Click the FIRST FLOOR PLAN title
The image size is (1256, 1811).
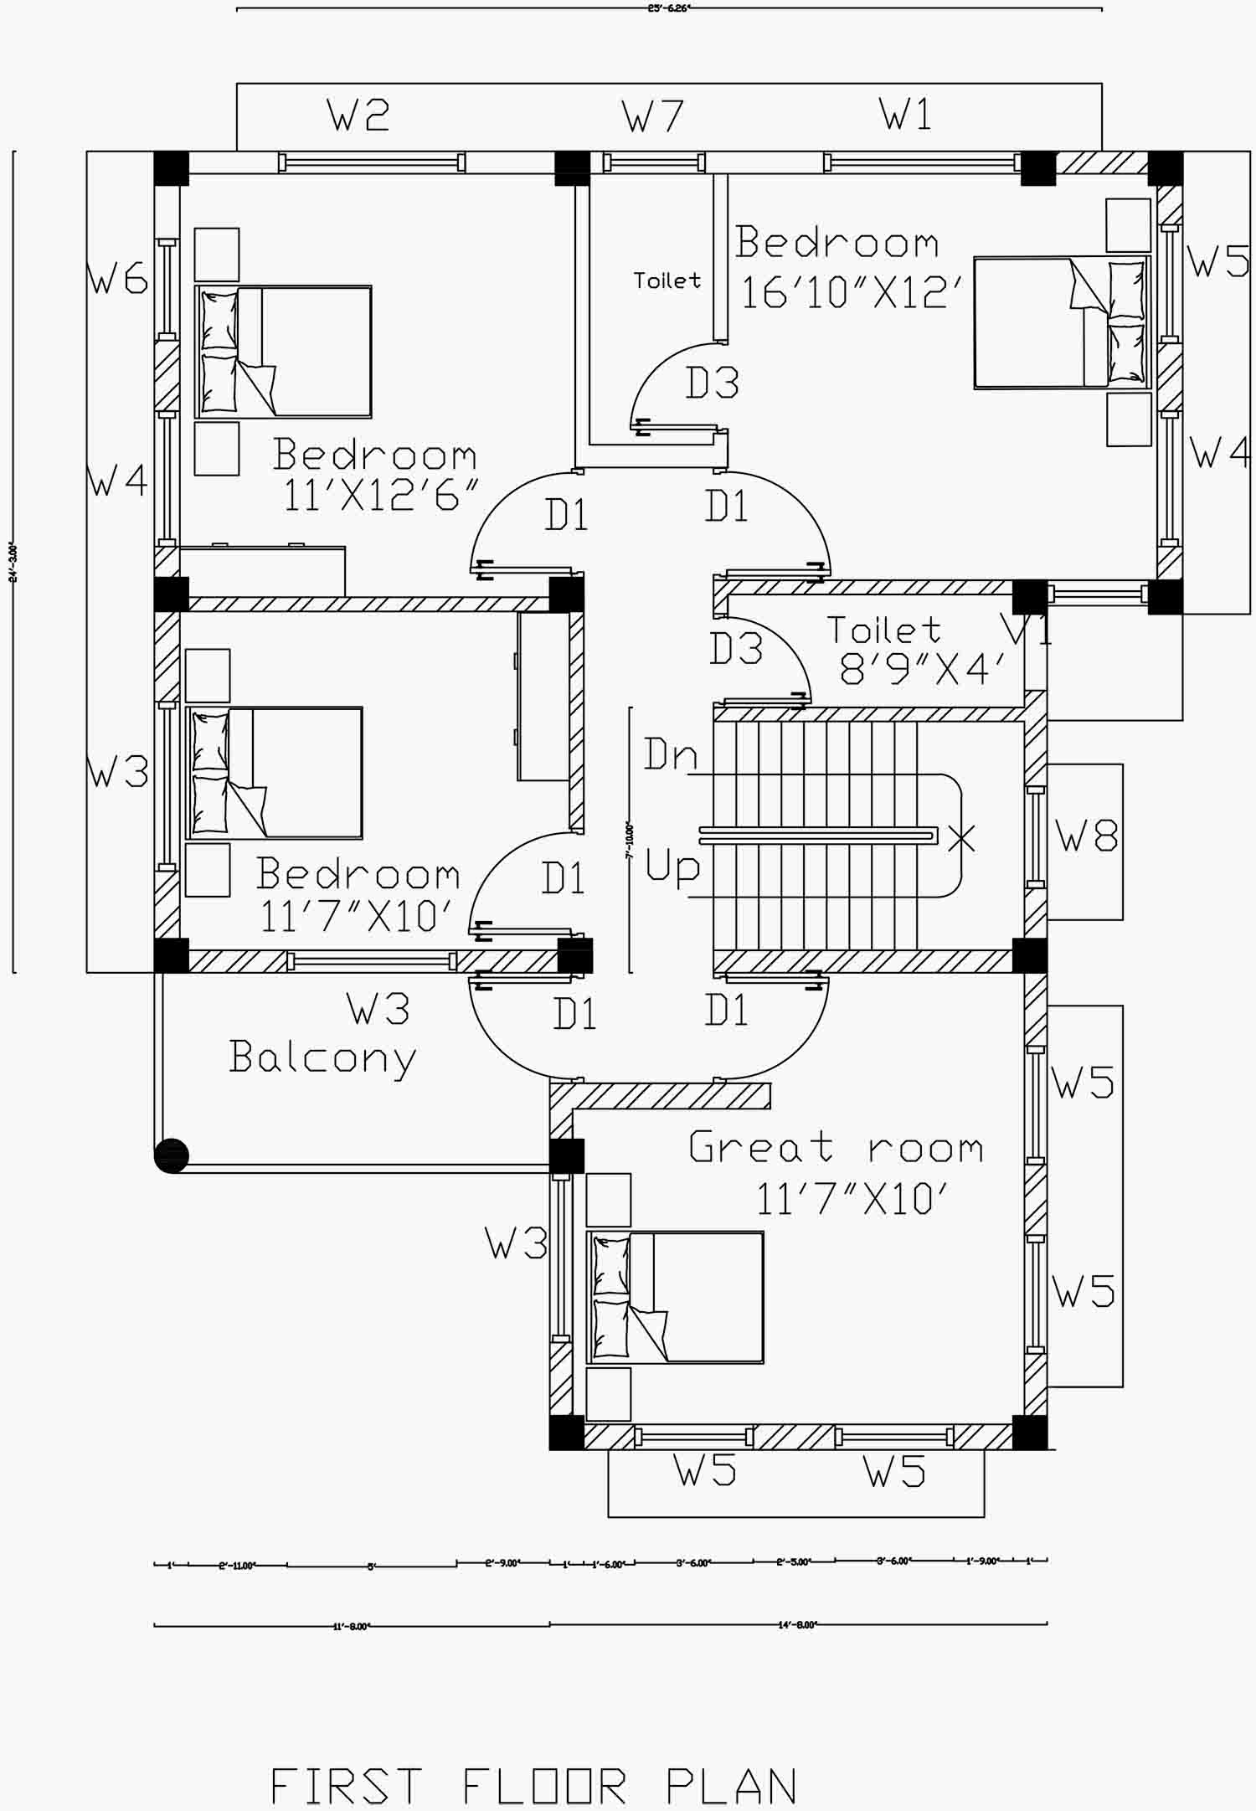coord(533,1786)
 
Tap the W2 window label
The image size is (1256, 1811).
coord(359,116)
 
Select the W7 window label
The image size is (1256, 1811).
coord(652,116)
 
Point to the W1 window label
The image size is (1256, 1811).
coord(905,114)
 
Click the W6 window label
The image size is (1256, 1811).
coord(117,278)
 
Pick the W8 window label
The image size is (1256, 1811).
coord(1086,836)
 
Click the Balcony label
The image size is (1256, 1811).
coord(322,1057)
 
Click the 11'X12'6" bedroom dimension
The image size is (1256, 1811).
coord(380,496)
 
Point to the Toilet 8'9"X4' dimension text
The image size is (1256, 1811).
coord(921,669)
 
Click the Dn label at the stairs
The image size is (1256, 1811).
coord(670,755)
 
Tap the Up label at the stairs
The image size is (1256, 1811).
coord(672,867)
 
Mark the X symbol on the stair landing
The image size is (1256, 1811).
coord(961,837)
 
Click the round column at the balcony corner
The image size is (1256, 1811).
coord(172,1155)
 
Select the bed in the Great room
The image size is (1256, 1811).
coord(675,1297)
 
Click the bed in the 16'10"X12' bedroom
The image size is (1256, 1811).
coord(1061,322)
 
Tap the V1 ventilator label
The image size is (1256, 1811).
coord(1027,630)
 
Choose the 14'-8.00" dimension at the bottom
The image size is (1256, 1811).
coord(796,1625)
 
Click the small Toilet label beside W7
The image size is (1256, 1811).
coord(667,280)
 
